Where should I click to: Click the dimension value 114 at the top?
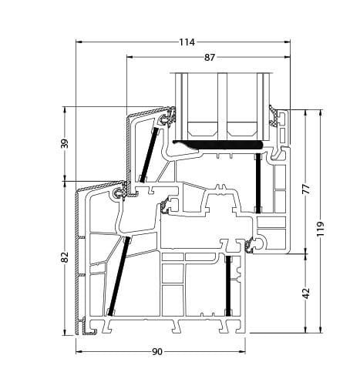coord(186,42)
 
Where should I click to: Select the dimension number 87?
coord(209,58)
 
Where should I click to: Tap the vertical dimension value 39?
coord(66,143)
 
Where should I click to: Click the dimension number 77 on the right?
coord(305,189)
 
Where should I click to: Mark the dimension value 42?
coord(305,293)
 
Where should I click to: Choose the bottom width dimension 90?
coord(156,351)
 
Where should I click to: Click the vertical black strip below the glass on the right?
coord(257,183)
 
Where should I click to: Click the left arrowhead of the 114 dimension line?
coord(79,42)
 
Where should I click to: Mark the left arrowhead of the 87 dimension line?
coord(129,58)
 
